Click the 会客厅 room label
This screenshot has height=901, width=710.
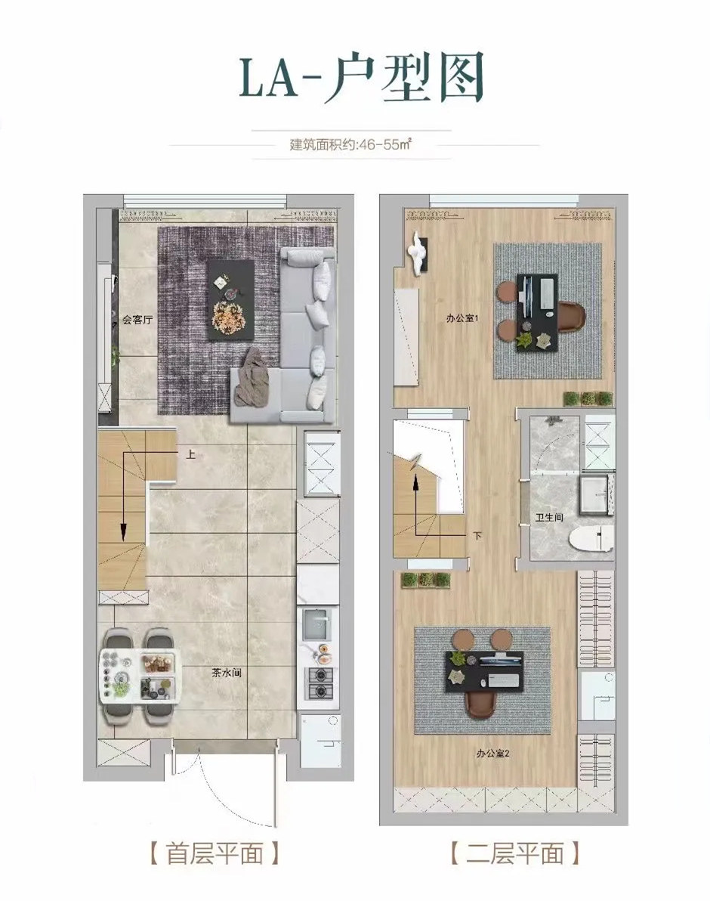[137, 320]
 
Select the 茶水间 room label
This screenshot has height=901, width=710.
[227, 673]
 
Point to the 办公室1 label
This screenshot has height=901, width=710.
[462, 317]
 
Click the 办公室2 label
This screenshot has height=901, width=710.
[493, 754]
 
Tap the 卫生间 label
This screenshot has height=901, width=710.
[549, 517]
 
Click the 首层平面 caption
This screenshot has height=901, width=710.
[215, 853]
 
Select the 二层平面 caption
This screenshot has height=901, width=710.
[515, 853]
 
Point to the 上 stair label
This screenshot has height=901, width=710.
[190, 454]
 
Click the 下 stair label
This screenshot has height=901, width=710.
[477, 536]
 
